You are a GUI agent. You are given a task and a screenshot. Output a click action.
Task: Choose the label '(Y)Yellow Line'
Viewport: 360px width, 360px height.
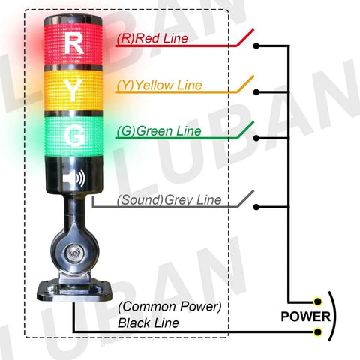click(159, 85)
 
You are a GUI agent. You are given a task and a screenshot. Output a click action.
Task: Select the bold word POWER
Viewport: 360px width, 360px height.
click(301, 315)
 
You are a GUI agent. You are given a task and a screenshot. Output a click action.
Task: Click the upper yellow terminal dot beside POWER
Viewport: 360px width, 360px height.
click(318, 301)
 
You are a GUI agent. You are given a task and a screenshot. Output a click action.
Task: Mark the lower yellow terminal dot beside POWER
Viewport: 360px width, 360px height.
click(318, 331)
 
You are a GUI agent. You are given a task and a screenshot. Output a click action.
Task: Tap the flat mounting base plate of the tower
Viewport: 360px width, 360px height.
click(73, 288)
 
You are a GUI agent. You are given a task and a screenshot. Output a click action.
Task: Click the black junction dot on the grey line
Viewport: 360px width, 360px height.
click(257, 207)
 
